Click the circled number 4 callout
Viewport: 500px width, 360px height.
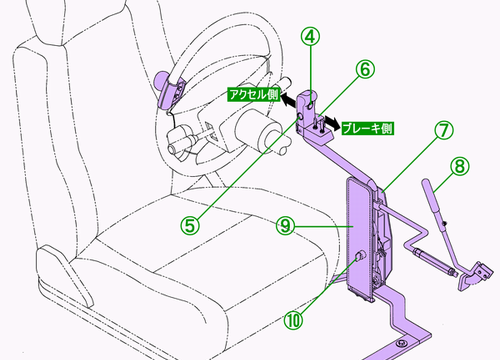click(x=310, y=37)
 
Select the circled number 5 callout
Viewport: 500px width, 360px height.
click(x=190, y=226)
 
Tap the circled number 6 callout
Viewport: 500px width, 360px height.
click(x=365, y=69)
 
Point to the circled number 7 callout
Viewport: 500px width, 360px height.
click(x=444, y=130)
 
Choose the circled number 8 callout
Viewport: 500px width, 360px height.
click(x=460, y=166)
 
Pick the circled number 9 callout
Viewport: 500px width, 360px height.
click(x=286, y=226)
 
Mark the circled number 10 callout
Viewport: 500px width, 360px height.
click(x=294, y=320)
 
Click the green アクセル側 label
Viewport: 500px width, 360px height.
click(x=253, y=94)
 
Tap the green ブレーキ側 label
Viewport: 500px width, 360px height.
click(x=368, y=128)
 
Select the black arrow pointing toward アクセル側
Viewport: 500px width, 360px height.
click(x=289, y=100)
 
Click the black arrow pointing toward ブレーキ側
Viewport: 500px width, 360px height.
click(x=332, y=123)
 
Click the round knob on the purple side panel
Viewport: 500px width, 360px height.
click(x=360, y=257)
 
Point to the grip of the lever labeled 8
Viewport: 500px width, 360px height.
click(x=432, y=196)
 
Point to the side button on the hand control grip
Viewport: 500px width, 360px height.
click(x=301, y=116)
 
